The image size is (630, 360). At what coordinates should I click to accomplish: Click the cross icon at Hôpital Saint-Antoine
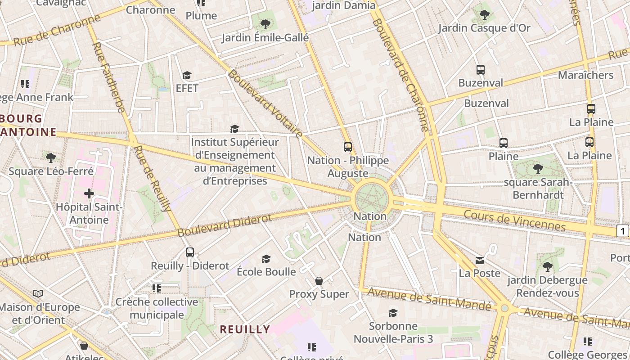click(x=89, y=193)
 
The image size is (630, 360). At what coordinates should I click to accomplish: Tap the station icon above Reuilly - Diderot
click(x=190, y=252)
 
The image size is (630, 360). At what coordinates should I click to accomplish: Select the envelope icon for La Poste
click(x=480, y=260)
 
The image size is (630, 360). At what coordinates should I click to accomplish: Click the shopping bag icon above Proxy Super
click(x=319, y=281)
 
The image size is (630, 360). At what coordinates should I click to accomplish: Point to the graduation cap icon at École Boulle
click(x=266, y=259)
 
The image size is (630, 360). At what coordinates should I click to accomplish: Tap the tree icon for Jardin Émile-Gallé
click(x=265, y=24)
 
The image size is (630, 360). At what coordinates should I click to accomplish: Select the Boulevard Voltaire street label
click(x=265, y=103)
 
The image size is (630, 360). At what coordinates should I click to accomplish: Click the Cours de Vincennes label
click(x=514, y=220)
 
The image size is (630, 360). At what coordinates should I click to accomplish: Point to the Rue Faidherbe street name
click(x=108, y=77)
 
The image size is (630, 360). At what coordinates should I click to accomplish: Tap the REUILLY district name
click(x=245, y=329)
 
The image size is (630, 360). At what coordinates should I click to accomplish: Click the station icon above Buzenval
click(x=481, y=70)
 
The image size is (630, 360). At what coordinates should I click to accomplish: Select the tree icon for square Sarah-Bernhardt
click(x=538, y=169)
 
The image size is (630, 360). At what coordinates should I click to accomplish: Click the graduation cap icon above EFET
click(x=187, y=75)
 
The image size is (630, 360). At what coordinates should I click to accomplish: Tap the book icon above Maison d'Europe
click(x=39, y=294)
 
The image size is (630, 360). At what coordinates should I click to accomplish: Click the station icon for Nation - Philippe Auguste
click(x=347, y=147)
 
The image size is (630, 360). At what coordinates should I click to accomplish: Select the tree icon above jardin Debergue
click(x=547, y=267)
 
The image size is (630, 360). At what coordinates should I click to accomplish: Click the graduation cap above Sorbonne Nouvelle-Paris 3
click(x=393, y=313)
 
